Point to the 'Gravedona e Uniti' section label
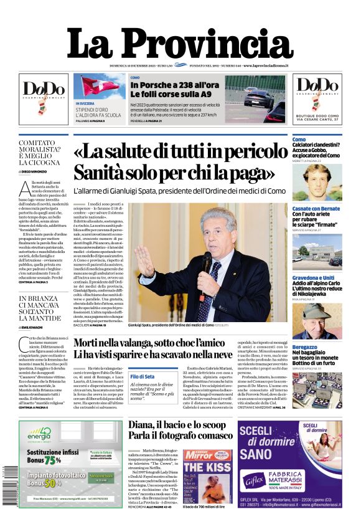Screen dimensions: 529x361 [x=313, y=278]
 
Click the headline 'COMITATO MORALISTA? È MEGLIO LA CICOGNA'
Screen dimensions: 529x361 [x=42, y=153]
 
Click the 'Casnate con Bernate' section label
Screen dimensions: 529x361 [x=316, y=209]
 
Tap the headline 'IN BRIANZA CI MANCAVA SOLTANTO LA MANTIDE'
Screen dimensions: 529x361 [x=42, y=308]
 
